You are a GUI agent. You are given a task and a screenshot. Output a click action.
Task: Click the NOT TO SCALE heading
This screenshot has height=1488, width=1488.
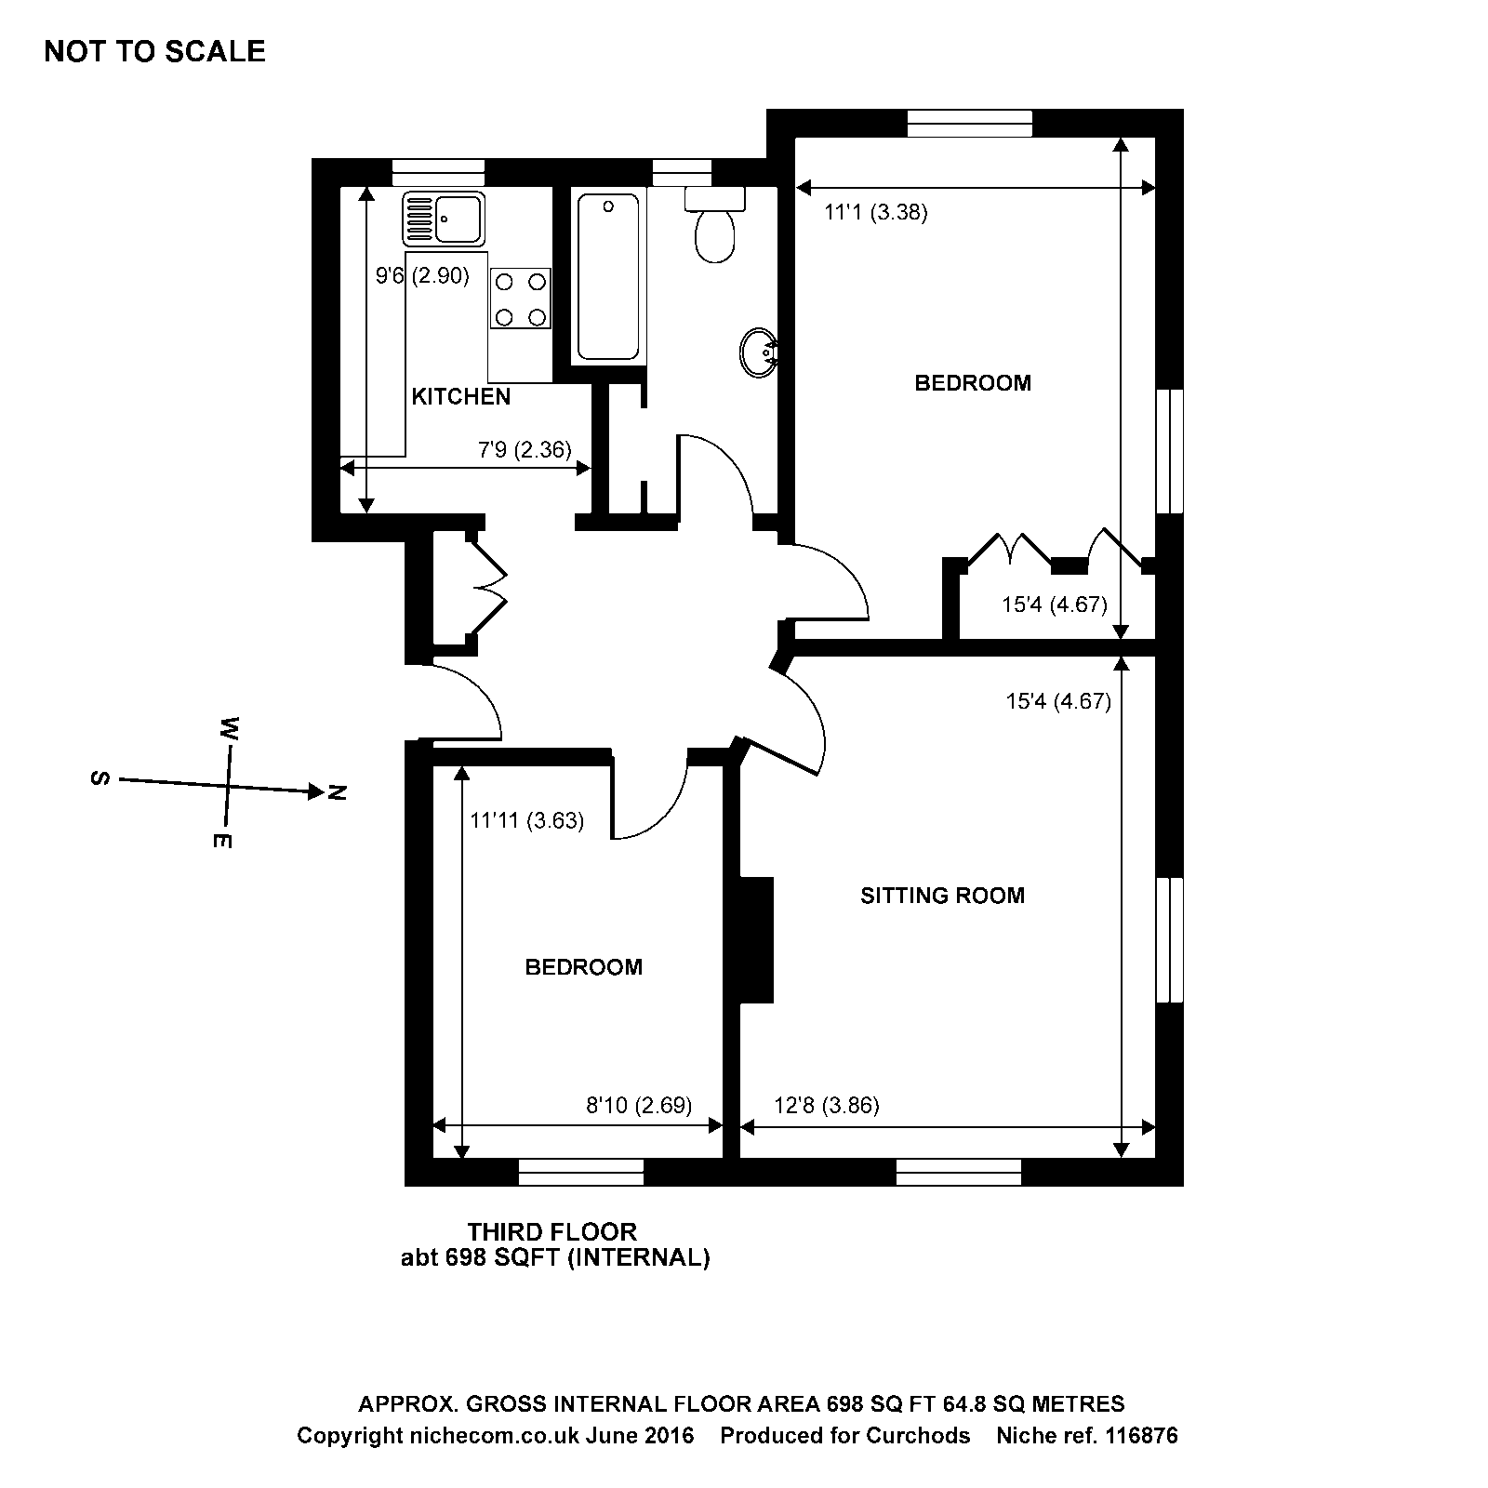tap(154, 51)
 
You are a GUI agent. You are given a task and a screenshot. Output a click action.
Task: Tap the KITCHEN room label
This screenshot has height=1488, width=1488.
tap(460, 397)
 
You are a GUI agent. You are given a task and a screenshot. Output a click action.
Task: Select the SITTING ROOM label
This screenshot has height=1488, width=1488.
tap(942, 896)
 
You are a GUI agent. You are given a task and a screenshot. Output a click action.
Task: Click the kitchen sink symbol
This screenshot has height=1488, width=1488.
tap(444, 219)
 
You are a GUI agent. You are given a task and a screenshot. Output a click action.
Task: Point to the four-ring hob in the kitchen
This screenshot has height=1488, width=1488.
tap(520, 299)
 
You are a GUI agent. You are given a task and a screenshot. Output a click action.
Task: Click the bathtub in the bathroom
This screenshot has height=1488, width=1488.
tap(608, 275)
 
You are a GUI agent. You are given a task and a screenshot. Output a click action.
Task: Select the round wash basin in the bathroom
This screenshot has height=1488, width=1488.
tap(759, 353)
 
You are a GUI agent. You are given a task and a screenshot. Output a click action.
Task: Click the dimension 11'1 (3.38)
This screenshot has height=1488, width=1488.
tap(875, 212)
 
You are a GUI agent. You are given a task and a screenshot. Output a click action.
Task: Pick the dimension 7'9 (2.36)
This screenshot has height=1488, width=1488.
tap(524, 450)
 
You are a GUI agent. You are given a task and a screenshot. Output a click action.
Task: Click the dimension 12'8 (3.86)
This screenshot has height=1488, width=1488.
tap(826, 1105)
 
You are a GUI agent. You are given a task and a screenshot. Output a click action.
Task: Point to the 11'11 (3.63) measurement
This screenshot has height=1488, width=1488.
tap(526, 820)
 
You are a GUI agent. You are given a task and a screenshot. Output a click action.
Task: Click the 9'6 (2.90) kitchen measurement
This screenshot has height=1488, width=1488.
tap(422, 275)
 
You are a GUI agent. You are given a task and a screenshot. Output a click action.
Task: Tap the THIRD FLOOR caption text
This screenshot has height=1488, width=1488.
tap(551, 1232)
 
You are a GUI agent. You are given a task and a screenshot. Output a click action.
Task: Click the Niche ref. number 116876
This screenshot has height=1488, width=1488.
tap(1141, 1436)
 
